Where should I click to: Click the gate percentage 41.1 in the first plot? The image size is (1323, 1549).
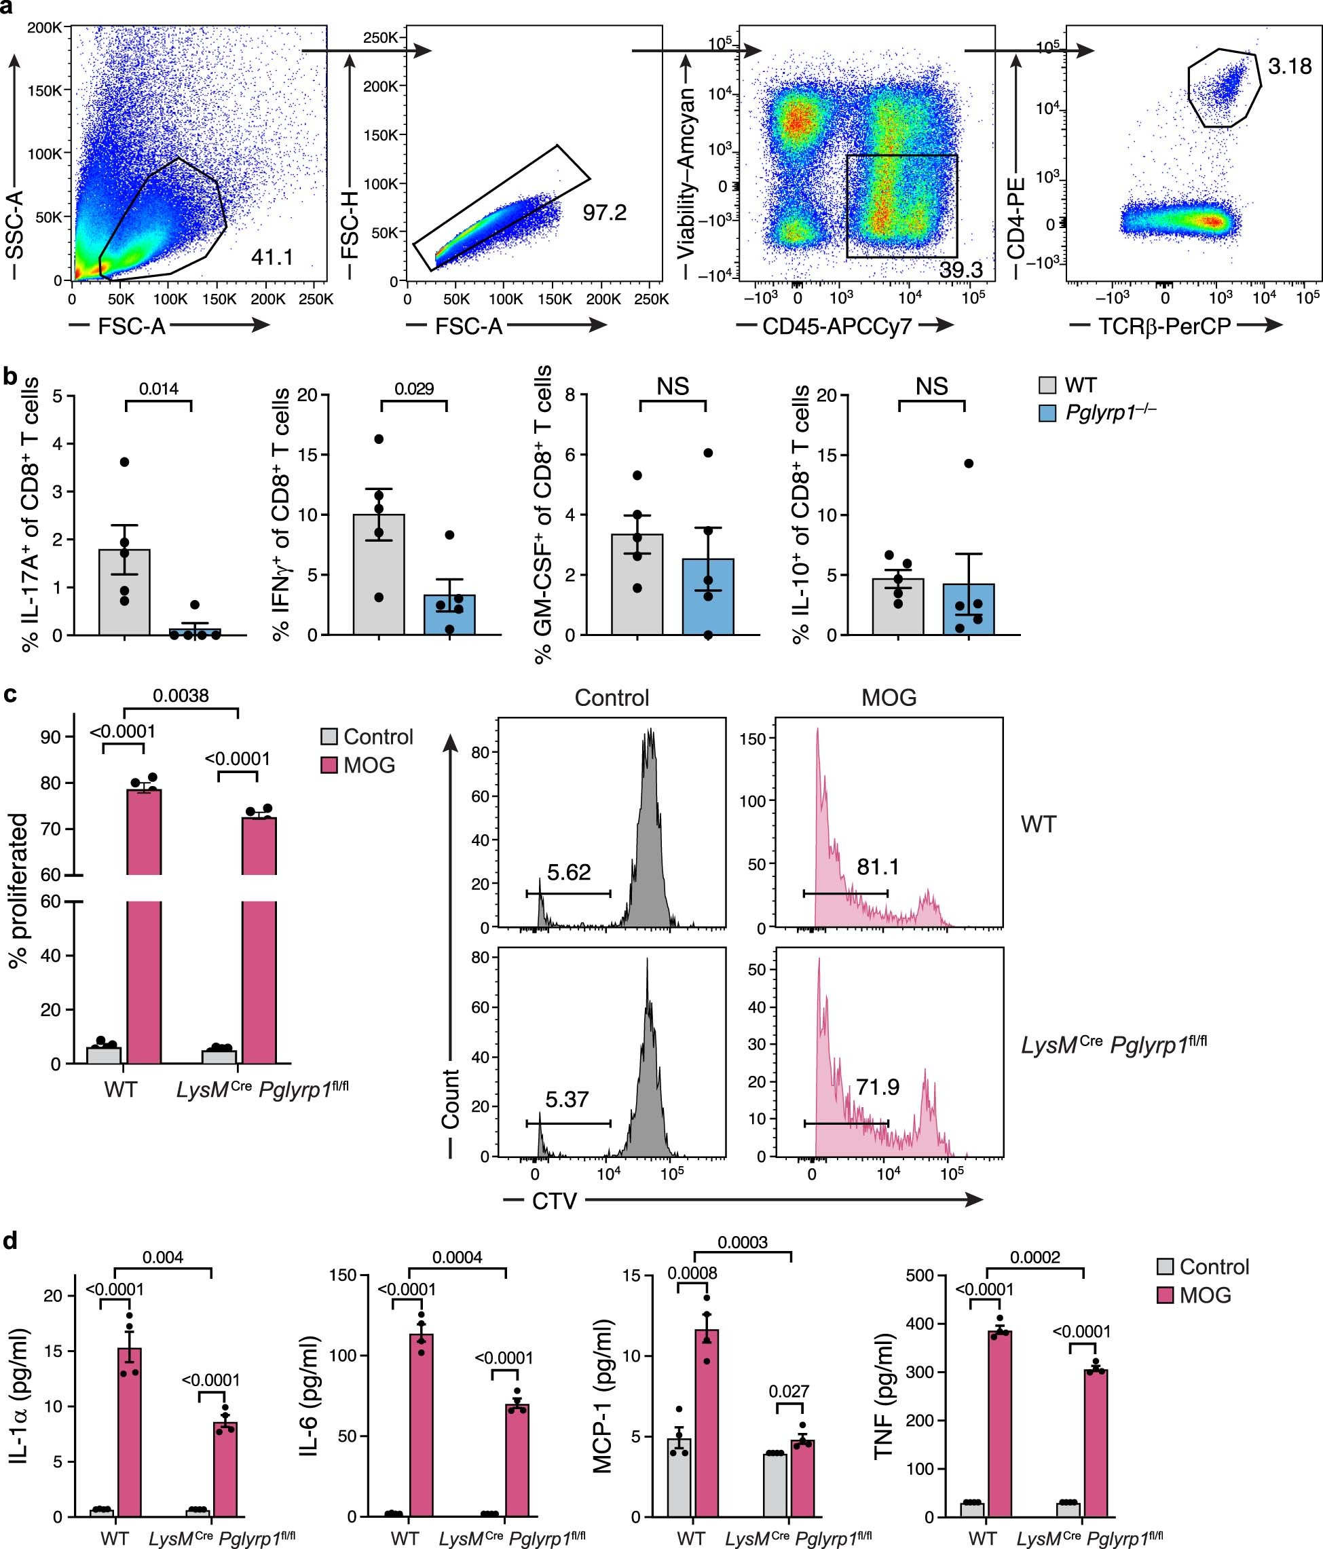(272, 257)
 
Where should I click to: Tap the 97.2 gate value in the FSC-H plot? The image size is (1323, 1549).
(604, 213)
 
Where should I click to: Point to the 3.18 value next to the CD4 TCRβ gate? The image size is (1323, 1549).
(1289, 67)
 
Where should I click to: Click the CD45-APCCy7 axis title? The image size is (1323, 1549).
(836, 326)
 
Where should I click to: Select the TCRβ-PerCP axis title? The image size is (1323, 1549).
(1165, 326)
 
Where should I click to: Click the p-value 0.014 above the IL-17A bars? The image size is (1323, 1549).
(158, 389)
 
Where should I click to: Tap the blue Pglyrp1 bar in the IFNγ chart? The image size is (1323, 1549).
(449, 614)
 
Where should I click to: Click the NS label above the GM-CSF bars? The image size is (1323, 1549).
(673, 386)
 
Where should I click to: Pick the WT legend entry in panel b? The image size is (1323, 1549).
(1080, 385)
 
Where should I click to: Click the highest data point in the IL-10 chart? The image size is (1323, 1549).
(968, 464)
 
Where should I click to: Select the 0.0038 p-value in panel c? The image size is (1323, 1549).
(181, 696)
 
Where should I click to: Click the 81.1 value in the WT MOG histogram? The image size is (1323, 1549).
(878, 867)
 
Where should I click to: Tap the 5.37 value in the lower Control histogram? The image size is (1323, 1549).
(567, 1100)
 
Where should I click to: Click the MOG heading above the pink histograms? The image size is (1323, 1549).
(889, 698)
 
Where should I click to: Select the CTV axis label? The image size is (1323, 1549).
(554, 1201)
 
